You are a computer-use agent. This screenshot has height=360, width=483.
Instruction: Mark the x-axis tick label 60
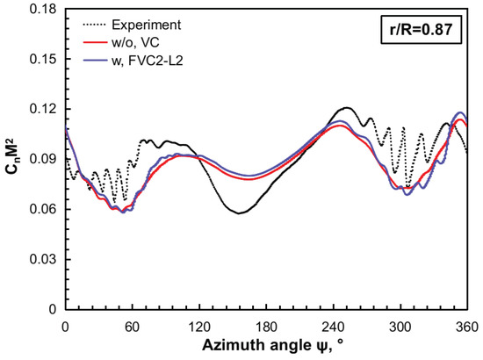[x=132, y=325]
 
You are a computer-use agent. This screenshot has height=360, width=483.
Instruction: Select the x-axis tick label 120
[x=199, y=325]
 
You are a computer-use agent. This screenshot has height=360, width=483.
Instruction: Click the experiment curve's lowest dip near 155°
[x=240, y=213]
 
